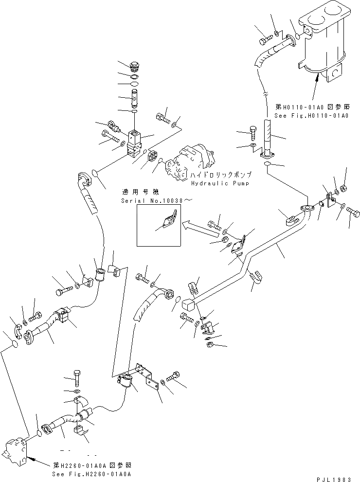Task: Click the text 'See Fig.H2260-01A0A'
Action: pos(91,474)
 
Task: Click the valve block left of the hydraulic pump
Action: pos(134,144)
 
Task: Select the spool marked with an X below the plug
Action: pos(136,97)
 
